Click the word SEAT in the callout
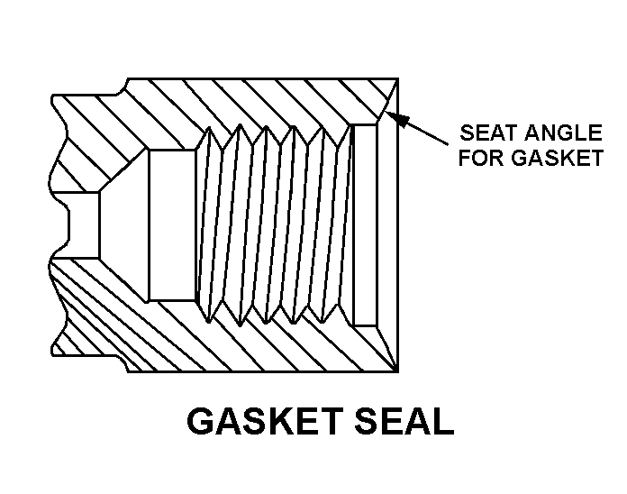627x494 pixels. [486, 133]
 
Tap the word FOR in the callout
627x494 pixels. [481, 159]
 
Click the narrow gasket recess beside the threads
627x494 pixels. [365, 224]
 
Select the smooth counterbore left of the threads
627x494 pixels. [171, 224]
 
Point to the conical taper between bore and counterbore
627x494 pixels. [123, 224]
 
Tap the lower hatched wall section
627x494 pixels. [252, 347]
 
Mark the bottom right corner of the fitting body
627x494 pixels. [398, 370]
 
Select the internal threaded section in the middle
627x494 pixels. [275, 224]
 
